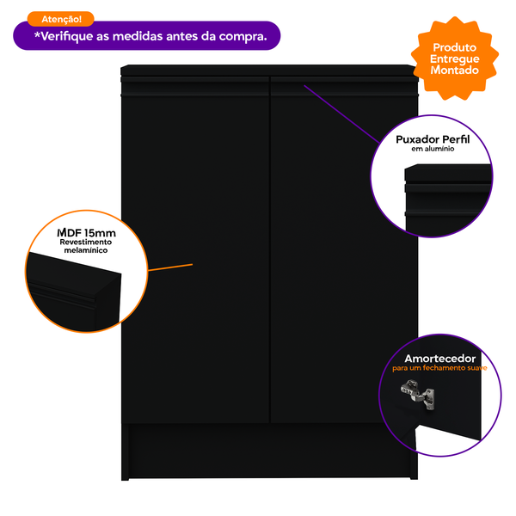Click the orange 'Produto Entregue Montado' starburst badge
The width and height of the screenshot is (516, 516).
pyautogui.click(x=456, y=58)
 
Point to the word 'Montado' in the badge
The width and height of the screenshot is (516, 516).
pyautogui.click(x=456, y=71)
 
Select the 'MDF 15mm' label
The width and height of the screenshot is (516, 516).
pyautogui.click(x=86, y=233)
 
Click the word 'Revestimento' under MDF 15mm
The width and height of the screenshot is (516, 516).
pyautogui.click(x=86, y=243)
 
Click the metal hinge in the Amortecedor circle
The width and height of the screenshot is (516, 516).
pyautogui.click(x=416, y=394)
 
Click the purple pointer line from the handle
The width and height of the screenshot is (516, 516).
pyautogui.click(x=340, y=113)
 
